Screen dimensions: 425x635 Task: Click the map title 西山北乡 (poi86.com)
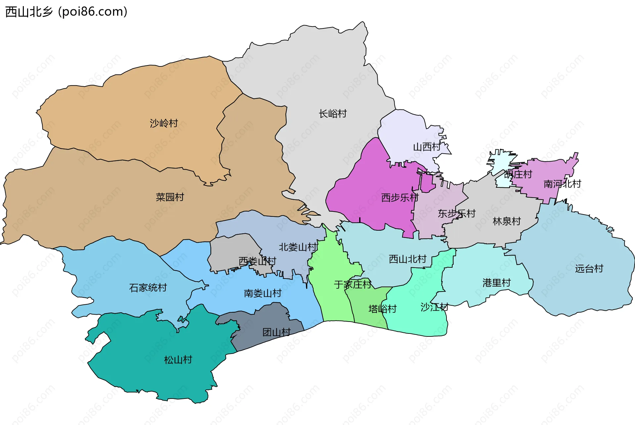[66, 12]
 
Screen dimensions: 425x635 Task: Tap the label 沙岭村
[164, 123]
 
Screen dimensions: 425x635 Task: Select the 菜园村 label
[170, 197]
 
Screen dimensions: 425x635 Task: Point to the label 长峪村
[333, 114]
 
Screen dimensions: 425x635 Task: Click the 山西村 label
[427, 147]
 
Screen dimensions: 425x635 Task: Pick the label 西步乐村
[400, 198]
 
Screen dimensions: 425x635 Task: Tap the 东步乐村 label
[456, 214]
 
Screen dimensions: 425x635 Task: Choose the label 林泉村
[507, 221]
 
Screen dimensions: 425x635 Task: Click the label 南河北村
[562, 184]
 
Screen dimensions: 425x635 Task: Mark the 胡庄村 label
[518, 174]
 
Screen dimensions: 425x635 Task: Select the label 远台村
[589, 268]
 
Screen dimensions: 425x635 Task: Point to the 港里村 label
[496, 283]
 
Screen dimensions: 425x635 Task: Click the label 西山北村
[407, 259]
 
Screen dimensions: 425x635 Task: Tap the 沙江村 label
[434, 307]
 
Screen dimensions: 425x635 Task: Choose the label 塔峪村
[382, 309]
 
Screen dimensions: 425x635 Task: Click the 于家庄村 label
[353, 285]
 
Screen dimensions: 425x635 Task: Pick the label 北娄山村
[298, 247]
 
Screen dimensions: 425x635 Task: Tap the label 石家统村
[148, 288]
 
